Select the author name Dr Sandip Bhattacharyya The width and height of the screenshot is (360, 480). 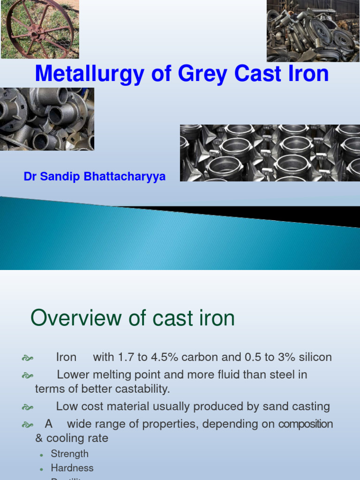pos(94,177)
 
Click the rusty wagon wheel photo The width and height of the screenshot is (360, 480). pos(40,29)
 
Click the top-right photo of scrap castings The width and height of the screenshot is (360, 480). pos(313,31)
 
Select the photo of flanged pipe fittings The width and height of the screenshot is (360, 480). pos(47,119)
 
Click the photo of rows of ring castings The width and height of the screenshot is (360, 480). pos(270,153)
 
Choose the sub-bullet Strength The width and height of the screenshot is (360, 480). pos(69,454)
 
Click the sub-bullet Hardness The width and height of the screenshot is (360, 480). pos(72,468)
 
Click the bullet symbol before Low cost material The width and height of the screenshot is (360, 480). pos(27,407)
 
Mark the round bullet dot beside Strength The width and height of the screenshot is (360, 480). pos(42,455)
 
